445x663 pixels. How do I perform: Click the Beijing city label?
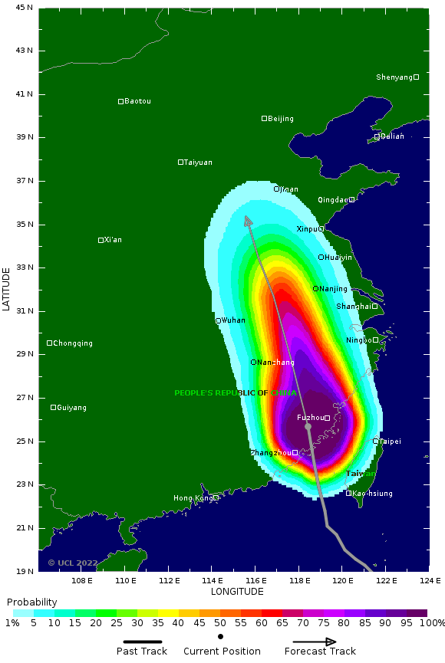[281, 119]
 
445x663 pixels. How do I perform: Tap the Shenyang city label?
[394, 77]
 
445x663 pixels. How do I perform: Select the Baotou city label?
[137, 101]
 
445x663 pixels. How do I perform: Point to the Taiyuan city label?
[198, 162]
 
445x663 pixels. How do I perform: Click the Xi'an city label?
[113, 240]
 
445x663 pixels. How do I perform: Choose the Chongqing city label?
[73, 343]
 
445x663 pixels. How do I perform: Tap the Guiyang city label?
[72, 408]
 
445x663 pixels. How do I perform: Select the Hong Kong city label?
[193, 498]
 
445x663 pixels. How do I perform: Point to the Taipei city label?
[391, 441]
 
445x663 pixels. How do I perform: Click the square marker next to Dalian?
[377, 136]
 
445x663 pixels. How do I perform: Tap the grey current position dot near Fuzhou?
[308, 427]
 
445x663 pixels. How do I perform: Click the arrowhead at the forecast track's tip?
[247, 221]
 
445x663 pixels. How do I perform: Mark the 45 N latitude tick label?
[25, 8]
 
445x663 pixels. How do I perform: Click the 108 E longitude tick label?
[82, 581]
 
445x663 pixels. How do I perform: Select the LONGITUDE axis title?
[237, 592]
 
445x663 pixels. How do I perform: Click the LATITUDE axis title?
[7, 289]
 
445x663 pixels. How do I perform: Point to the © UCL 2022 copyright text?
[72, 563]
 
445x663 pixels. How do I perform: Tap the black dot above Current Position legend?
[221, 636]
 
